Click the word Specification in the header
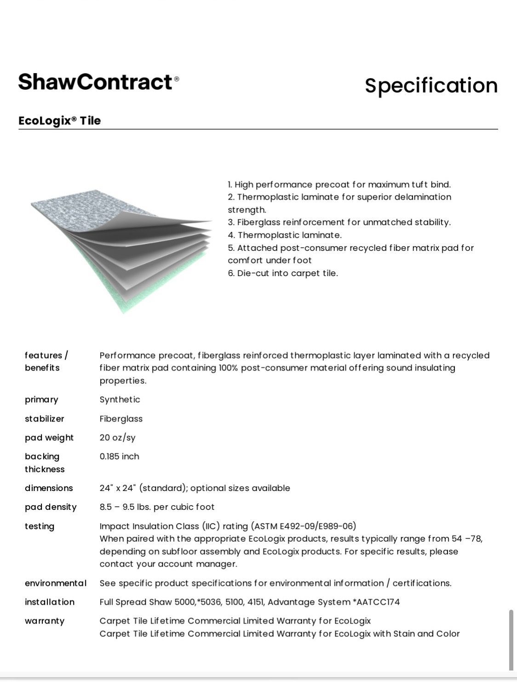[x=431, y=86]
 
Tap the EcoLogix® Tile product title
[x=59, y=121]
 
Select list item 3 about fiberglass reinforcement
[x=339, y=222]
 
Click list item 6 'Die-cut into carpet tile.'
[x=283, y=273]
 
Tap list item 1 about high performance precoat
[x=339, y=185]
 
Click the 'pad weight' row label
[x=49, y=438]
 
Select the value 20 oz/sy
[x=117, y=438]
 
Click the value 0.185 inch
[x=119, y=457]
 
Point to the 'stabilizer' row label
[x=45, y=419]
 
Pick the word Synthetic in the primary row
[x=120, y=399]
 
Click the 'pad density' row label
[x=51, y=507]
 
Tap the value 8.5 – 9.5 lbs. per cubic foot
[x=157, y=507]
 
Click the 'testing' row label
[x=40, y=526]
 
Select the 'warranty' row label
[x=45, y=621]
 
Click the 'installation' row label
[x=50, y=602]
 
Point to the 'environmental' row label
[x=56, y=583]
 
